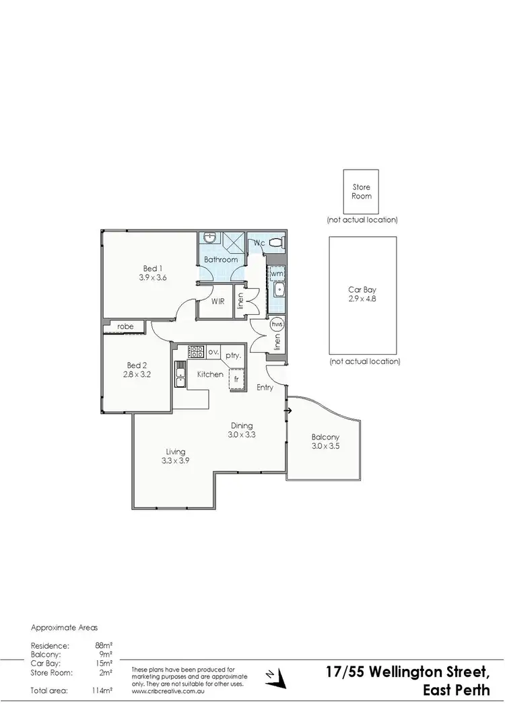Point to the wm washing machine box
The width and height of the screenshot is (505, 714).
point(277,274)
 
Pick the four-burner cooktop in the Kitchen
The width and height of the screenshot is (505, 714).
point(197,351)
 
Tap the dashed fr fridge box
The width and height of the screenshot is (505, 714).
point(236,379)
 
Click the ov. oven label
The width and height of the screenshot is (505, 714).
point(213,351)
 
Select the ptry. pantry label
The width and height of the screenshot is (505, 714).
point(234,355)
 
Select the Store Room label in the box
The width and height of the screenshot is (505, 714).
point(362,192)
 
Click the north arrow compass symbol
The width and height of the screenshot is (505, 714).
point(273,692)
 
